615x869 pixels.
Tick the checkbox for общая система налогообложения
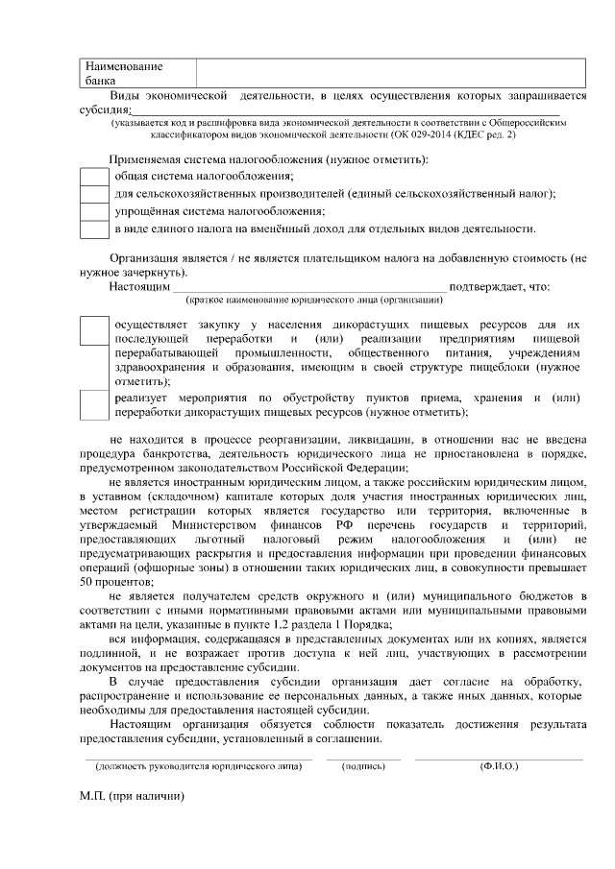tap(93, 176)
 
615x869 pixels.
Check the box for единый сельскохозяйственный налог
tap(93, 194)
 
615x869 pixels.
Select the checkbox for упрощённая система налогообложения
tap(93, 211)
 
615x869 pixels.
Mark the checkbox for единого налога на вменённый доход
tap(93, 229)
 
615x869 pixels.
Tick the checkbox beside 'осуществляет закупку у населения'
tap(93, 331)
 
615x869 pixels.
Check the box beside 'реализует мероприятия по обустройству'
tap(93, 404)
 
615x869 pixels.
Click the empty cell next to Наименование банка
tap(390, 74)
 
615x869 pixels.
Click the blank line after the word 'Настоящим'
tap(307, 287)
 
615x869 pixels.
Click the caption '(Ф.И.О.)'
tap(499, 768)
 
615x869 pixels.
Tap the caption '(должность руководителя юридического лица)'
tap(198, 768)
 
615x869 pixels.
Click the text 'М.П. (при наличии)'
tap(131, 797)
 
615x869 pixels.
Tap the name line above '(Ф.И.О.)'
tap(499, 760)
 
